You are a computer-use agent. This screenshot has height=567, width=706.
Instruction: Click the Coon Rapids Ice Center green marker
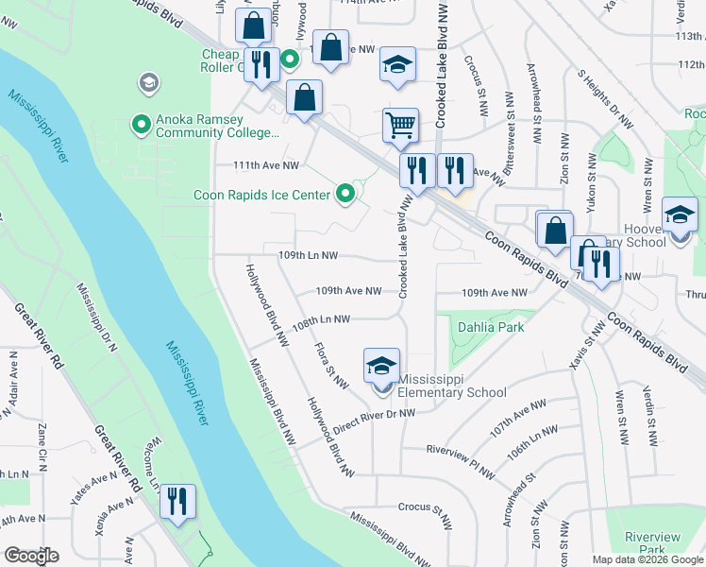346,195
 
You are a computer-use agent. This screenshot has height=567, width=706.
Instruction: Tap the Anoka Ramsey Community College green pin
142,123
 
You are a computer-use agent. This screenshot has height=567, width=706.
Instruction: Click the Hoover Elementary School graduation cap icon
680,215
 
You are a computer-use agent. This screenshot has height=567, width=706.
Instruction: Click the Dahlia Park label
490,328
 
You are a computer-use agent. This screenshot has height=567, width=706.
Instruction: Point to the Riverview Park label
652,543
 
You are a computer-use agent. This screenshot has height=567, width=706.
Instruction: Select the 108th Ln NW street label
321,320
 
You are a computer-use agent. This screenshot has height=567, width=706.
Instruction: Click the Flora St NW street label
331,365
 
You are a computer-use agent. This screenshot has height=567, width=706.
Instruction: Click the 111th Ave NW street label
266,165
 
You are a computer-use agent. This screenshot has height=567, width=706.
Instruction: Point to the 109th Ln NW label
308,255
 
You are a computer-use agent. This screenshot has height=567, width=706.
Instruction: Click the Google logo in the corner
31,556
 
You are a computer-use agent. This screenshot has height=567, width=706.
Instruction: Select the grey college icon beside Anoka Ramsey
147,83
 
